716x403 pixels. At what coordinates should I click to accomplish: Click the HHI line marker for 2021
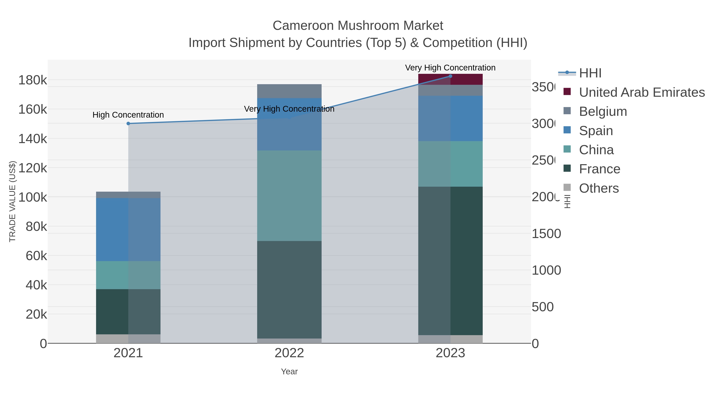pos(128,123)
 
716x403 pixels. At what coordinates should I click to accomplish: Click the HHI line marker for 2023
pos(450,76)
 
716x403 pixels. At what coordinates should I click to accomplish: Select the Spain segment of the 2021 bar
pos(128,229)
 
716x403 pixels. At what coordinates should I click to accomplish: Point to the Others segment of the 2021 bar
pos(128,339)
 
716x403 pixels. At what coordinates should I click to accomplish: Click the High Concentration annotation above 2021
pos(128,115)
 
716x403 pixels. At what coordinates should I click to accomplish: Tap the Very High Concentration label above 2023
pos(450,68)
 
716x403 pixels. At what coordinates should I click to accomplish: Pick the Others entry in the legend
pos(598,188)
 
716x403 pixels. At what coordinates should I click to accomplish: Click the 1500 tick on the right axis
pos(546,234)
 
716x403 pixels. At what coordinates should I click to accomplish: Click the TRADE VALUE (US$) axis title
pos(13,201)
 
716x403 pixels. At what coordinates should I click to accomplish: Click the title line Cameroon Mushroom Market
pos(358,26)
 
